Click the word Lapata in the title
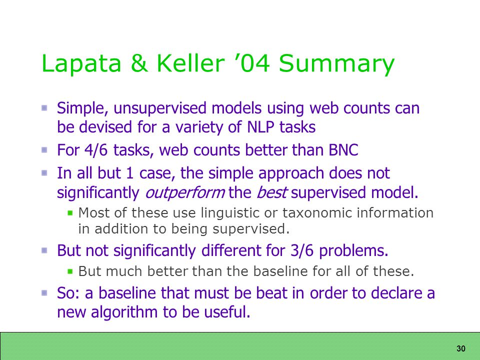tap(81, 63)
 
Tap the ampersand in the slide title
tap(139, 63)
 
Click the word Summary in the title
tap(336, 64)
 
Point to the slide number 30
tap(460, 348)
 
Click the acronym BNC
tap(343, 150)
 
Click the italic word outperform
tap(185, 193)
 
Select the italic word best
tap(271, 192)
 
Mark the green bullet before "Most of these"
tap(70, 212)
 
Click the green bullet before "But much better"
tap(70, 271)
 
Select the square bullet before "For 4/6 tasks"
tap(44, 150)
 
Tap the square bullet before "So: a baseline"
tap(44, 293)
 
